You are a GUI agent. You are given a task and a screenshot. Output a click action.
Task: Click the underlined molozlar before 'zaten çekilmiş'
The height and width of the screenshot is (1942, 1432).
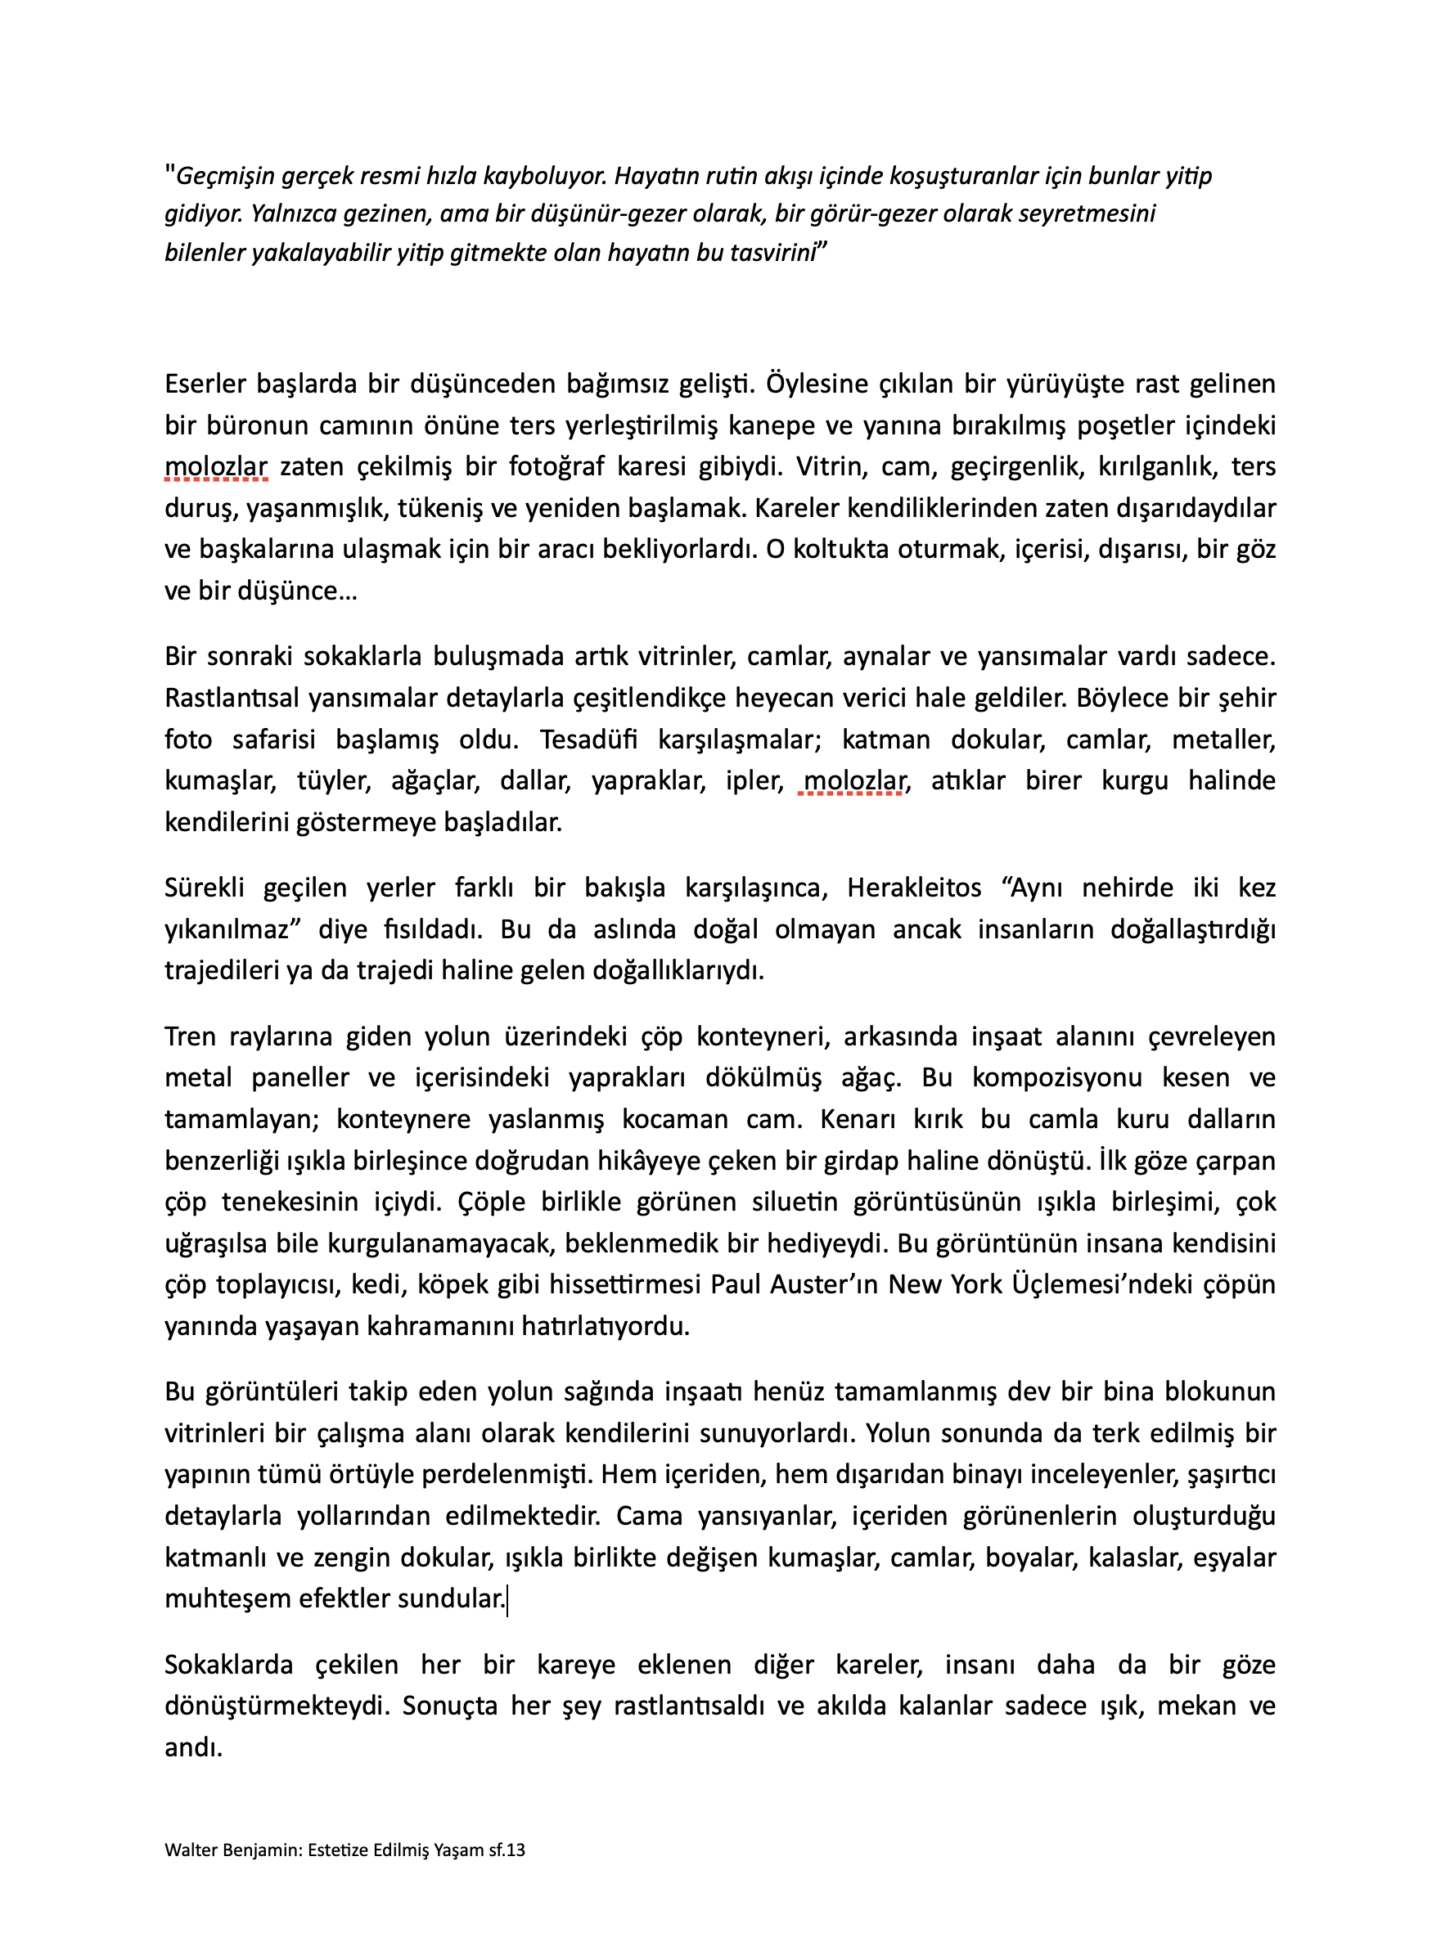tap(216, 467)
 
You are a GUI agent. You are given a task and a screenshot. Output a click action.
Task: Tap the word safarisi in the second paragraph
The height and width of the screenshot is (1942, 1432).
tap(273, 739)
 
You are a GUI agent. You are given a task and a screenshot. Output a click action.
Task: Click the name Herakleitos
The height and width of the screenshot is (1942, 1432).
tap(914, 888)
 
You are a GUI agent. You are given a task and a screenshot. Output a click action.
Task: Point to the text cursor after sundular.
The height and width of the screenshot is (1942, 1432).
tap(507, 1598)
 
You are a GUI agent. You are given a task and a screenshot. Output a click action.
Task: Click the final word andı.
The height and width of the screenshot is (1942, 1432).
tap(193, 1748)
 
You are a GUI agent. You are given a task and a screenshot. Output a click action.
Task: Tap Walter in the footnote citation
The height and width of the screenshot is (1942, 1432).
tap(190, 1851)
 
